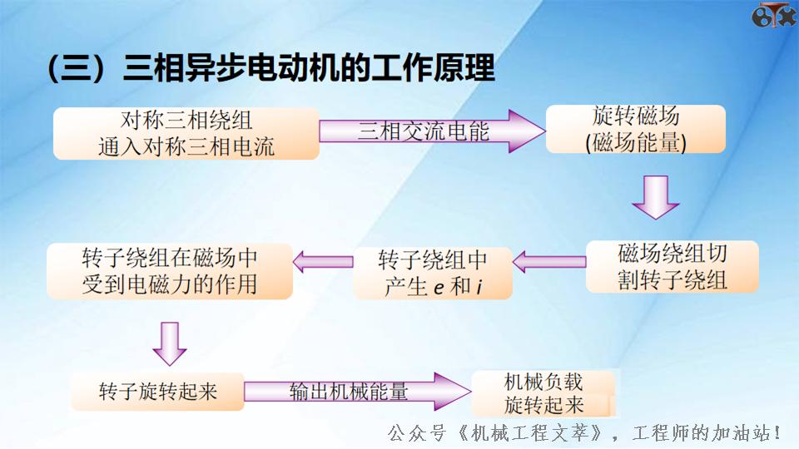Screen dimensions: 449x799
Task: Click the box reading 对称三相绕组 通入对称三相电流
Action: (186, 133)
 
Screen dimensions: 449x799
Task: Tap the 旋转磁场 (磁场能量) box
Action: (635, 129)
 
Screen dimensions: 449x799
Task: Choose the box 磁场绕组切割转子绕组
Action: (672, 266)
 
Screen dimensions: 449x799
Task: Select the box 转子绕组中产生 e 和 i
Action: (433, 273)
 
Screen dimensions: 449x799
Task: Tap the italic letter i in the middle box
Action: (480, 287)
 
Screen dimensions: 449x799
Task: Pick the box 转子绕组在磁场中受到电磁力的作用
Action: (170, 271)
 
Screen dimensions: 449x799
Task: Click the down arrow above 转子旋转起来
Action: (169, 343)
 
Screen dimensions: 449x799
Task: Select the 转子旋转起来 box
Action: (157, 391)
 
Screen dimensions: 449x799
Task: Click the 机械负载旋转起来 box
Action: (543, 394)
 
